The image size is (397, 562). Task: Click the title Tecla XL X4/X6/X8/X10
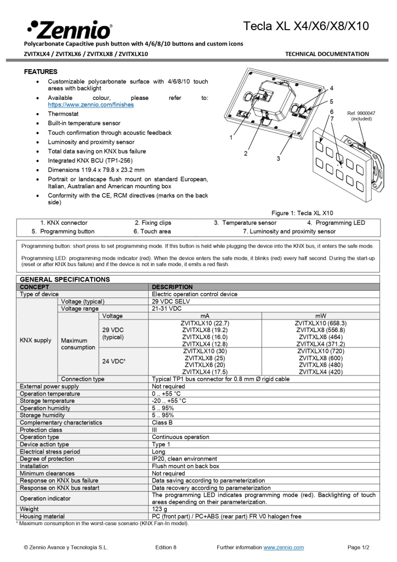pyautogui.click(x=306, y=26)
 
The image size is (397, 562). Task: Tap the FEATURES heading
pyautogui.click(x=41, y=72)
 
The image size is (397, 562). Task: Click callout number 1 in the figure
pyautogui.click(x=231, y=137)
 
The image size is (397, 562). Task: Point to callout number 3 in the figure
pyautogui.click(x=278, y=158)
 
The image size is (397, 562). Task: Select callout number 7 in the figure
pyautogui.click(x=332, y=119)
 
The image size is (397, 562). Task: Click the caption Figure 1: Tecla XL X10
pyautogui.click(x=303, y=213)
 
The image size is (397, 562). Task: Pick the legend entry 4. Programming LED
pyautogui.click(x=336, y=223)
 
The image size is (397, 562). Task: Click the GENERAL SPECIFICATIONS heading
pyautogui.click(x=65, y=279)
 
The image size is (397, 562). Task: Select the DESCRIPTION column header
pyautogui.click(x=172, y=287)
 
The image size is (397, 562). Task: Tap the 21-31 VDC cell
pyautogui.click(x=167, y=309)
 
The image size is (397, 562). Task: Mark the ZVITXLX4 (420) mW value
pyautogui.click(x=321, y=372)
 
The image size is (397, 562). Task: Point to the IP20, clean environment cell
pyautogui.click(x=185, y=459)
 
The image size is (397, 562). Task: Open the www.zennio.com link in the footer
pyautogui.click(x=283, y=547)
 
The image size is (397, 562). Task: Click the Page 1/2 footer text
pyautogui.click(x=359, y=547)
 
